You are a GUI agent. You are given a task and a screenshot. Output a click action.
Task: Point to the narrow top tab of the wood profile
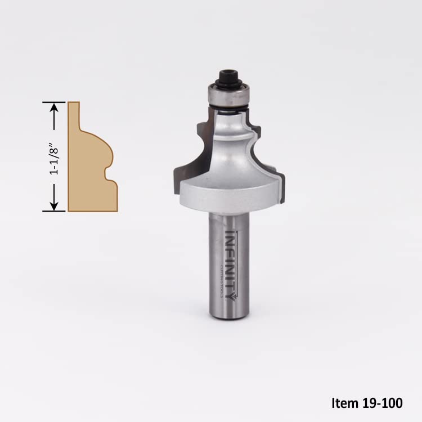74,113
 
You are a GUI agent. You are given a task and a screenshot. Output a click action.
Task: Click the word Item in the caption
343,403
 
